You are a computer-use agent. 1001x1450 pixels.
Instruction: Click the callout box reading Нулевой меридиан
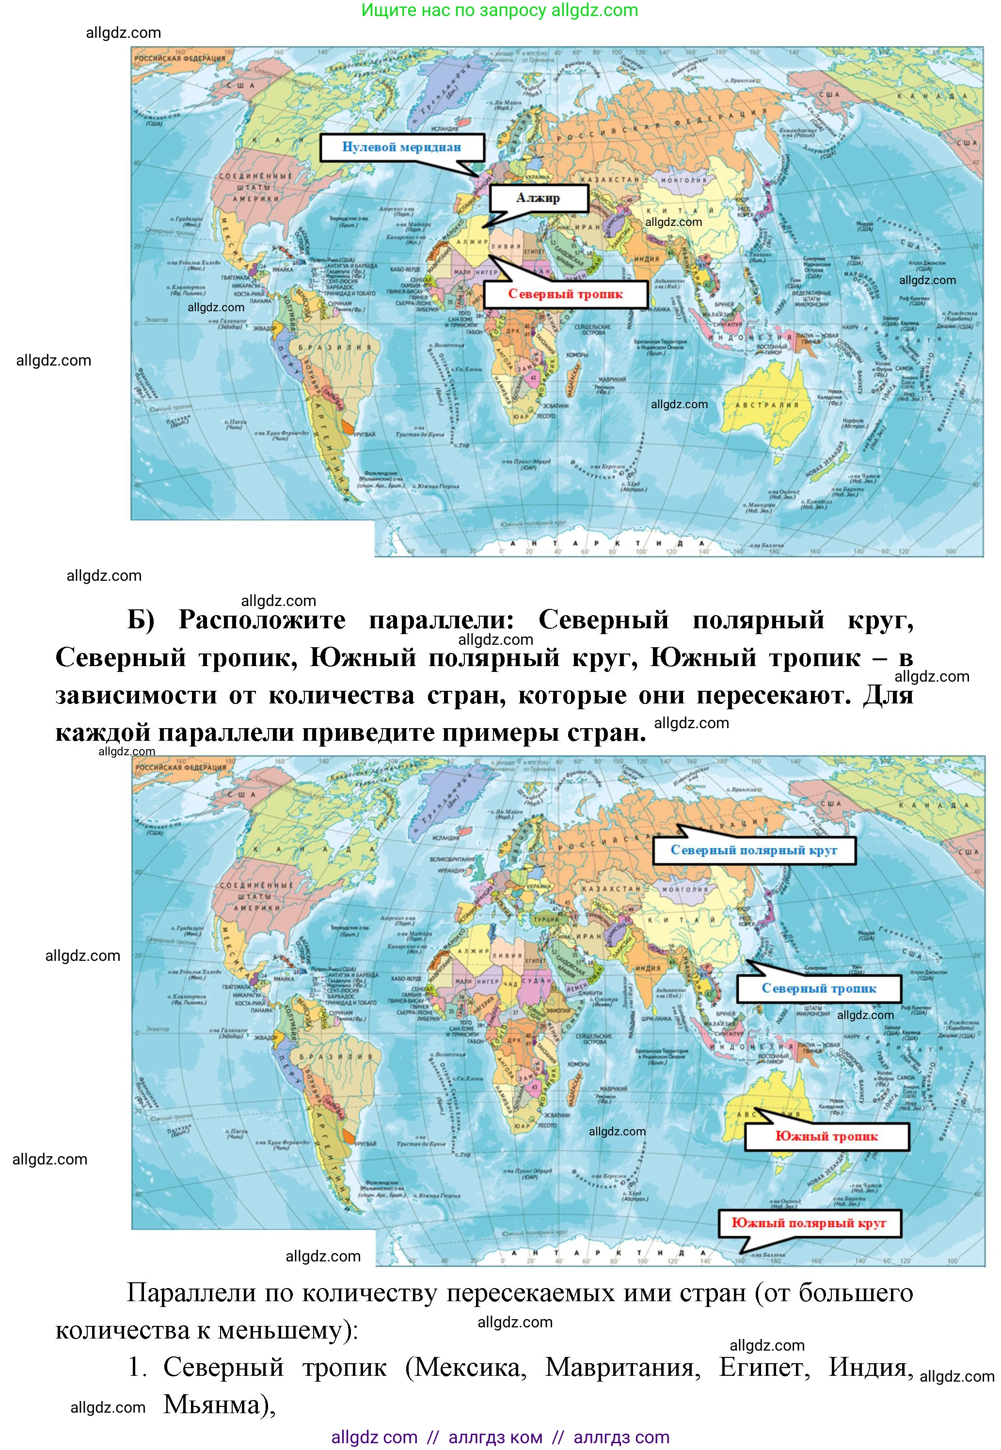(401, 148)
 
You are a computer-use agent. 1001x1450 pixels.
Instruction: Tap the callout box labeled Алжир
(538, 199)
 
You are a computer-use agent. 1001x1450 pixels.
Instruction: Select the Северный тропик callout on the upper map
(565, 294)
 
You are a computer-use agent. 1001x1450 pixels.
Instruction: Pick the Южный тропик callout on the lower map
(826, 1136)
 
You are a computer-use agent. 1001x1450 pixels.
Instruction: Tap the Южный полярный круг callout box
(809, 1223)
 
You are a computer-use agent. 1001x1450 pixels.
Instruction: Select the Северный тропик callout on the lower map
(818, 988)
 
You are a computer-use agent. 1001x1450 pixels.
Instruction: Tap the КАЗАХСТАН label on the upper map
(610, 180)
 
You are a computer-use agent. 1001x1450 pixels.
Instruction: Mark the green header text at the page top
(500, 10)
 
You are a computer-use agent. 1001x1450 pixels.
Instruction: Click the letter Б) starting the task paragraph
(141, 620)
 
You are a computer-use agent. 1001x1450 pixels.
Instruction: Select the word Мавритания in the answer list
(623, 1368)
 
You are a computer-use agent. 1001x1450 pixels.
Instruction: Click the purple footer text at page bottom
(500, 1437)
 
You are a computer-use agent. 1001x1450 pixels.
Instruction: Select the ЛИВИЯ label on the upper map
(506, 246)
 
